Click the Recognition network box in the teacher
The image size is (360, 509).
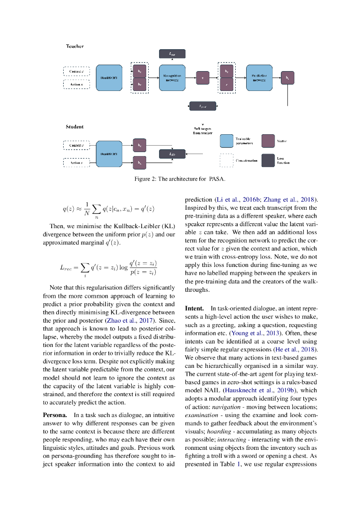point(172,78)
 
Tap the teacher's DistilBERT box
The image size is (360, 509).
point(108,78)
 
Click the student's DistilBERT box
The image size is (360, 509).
point(108,154)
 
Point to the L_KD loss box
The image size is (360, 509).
point(172,154)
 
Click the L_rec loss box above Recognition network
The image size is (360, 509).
point(172,53)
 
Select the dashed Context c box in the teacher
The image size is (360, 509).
point(76,71)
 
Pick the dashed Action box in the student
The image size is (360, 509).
point(76,162)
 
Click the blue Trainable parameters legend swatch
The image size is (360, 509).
point(227,141)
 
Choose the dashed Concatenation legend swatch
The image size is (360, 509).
point(227,160)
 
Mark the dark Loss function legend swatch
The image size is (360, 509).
point(269,160)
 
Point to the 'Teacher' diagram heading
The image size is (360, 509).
point(75,46)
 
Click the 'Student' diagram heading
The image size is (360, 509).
point(75,127)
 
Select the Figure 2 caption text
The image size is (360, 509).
point(180,178)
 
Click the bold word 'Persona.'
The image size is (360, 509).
point(55,414)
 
